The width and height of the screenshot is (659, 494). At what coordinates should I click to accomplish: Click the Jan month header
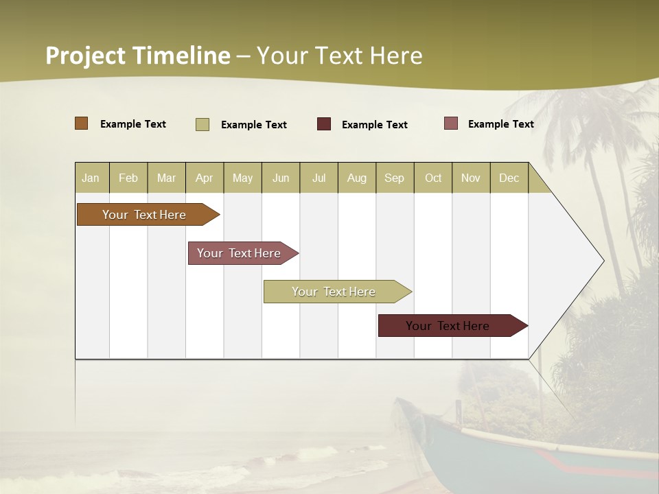point(91,178)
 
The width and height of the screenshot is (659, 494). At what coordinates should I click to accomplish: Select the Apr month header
point(205,178)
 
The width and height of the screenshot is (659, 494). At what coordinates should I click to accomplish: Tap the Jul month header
point(319,178)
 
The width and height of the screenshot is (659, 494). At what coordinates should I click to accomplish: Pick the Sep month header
point(395,178)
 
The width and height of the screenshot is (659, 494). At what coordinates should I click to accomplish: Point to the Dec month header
point(509,178)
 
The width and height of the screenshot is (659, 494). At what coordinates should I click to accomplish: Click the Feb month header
point(128,178)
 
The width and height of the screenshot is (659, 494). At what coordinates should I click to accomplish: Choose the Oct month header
point(433,178)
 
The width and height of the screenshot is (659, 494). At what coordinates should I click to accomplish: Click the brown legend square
point(82,123)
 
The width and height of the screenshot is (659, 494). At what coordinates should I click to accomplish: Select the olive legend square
point(203,124)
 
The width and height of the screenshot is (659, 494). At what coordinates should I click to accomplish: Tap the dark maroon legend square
point(324,124)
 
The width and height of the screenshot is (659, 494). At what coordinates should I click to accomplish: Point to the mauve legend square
point(451,123)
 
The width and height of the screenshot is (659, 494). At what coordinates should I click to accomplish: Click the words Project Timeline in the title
point(137,56)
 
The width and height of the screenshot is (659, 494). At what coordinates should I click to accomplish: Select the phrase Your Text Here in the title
point(339,56)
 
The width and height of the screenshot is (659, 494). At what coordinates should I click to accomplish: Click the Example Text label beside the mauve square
point(500,123)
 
